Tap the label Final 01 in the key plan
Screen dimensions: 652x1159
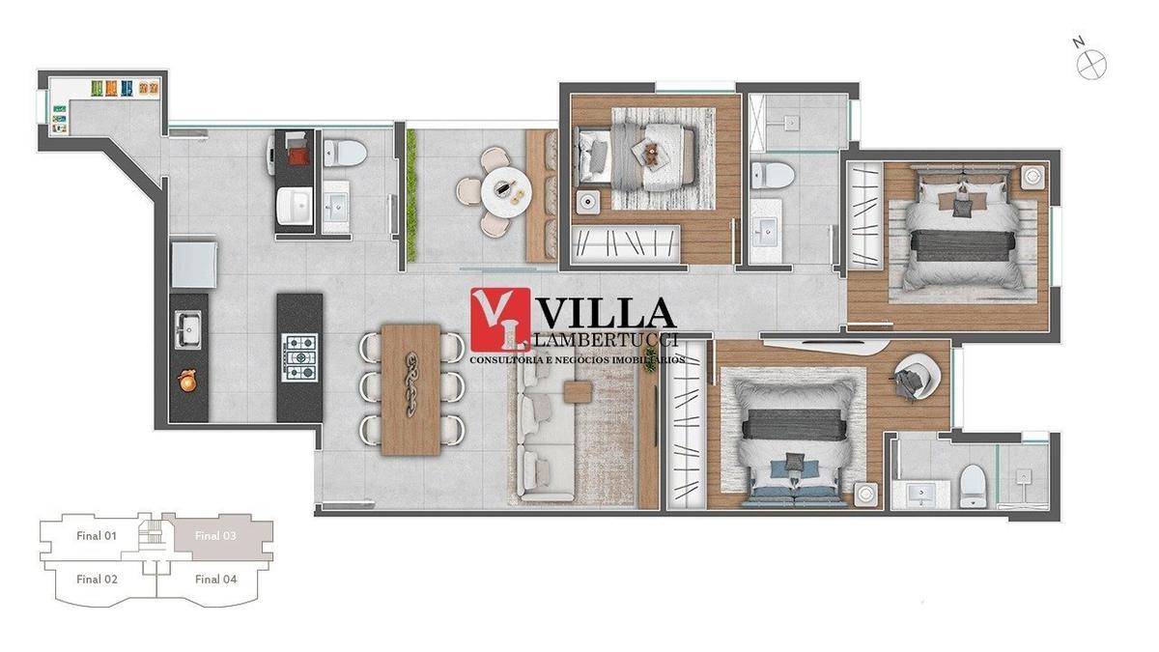[97, 535]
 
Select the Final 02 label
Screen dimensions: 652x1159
[97, 580]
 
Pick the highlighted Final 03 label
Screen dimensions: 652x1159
[215, 535]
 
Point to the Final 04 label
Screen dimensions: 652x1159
[215, 580]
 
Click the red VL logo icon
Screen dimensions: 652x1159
[499, 320]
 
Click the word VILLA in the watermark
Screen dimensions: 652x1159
[605, 313]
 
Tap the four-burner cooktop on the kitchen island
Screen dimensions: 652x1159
[298, 358]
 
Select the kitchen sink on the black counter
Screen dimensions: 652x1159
[187, 328]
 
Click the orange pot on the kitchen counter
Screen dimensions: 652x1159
[187, 383]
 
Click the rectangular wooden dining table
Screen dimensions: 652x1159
[411, 388]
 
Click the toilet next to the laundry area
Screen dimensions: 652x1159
[344, 152]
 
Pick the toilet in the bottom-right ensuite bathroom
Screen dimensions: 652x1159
[972, 485]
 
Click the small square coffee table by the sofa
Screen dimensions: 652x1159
[579, 391]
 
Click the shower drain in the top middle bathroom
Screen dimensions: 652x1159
[791, 123]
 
